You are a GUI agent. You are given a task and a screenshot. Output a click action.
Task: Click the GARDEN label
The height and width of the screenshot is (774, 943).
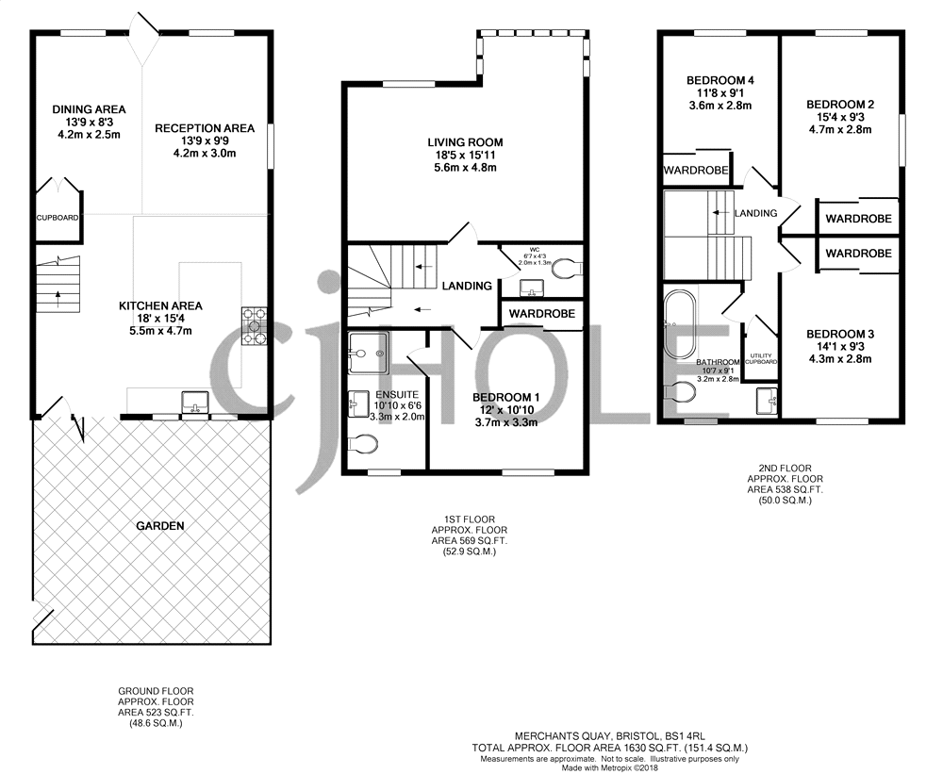(x=159, y=525)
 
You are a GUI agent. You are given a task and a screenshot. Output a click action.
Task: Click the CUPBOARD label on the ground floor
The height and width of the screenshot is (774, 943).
(x=58, y=217)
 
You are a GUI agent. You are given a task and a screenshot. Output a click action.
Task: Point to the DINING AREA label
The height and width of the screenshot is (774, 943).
(x=89, y=109)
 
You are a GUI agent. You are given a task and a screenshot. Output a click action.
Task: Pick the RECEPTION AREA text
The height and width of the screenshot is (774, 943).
(x=205, y=128)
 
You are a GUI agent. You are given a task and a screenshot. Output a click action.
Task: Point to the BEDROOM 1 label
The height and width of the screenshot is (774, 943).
(x=505, y=398)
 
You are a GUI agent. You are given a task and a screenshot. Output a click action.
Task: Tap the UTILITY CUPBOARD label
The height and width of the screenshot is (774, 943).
(x=760, y=358)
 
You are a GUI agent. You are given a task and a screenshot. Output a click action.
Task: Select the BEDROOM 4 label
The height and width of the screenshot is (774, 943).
(x=719, y=80)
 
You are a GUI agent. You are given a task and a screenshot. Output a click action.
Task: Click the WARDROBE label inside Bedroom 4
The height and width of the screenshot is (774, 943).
(x=695, y=171)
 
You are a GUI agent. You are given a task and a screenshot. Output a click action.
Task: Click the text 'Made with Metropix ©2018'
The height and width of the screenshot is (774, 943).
(x=610, y=767)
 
